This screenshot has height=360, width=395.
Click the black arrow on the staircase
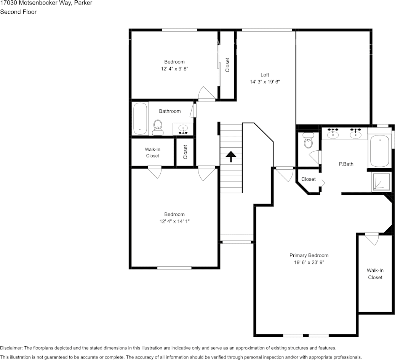tap(230, 156)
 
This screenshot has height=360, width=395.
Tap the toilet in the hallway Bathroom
tap(158, 127)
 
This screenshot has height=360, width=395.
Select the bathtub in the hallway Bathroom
tap(140, 118)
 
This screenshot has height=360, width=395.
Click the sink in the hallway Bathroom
tap(183, 129)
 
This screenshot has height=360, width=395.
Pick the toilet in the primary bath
tap(308, 141)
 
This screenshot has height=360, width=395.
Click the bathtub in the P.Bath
tap(379, 151)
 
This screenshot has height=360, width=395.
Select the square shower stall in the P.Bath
tap(381, 182)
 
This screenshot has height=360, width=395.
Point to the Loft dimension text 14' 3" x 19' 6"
tap(265, 82)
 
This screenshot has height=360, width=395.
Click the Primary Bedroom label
tap(309, 255)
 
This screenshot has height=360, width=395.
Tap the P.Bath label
tap(346, 164)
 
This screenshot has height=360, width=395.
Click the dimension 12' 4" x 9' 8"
tap(174, 69)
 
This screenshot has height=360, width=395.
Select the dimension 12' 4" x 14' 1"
tap(174, 221)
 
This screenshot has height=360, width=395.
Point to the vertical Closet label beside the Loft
tap(227, 65)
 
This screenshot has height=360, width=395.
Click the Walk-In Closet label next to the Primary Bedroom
tap(375, 274)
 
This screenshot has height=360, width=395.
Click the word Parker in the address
tap(83, 3)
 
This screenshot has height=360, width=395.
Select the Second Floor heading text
tap(18, 12)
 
